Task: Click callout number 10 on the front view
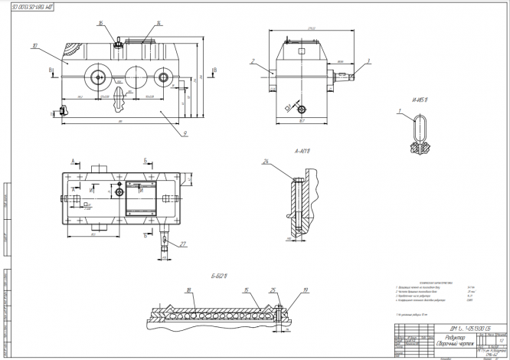click(x=36, y=46)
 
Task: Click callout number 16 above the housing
click(x=100, y=24)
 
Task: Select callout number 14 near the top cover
click(x=158, y=24)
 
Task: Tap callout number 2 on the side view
click(x=253, y=59)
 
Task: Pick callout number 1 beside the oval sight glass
click(x=399, y=112)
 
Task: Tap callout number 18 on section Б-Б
click(x=187, y=290)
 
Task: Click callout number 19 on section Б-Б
click(x=305, y=290)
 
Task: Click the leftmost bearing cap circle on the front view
click(x=99, y=77)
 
